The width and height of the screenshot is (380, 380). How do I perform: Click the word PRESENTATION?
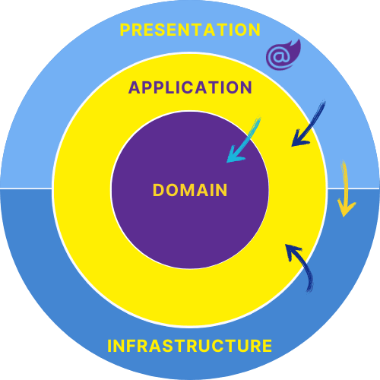tap(190, 30)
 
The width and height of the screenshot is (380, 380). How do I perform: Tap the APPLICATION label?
tap(190, 87)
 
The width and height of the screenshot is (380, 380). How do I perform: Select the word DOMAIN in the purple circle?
tap(190, 190)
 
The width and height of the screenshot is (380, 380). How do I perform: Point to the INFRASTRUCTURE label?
tap(189, 346)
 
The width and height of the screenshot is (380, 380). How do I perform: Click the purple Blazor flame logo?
tap(283, 55)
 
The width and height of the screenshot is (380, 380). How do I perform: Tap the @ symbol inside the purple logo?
tap(279, 57)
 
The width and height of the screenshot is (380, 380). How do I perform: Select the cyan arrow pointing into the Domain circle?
tap(244, 140)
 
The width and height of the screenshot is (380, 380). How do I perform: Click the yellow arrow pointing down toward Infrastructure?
tap(345, 188)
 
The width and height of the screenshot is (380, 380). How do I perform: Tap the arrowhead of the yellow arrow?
tap(346, 208)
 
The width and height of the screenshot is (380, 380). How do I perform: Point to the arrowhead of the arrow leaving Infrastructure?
tap(292, 251)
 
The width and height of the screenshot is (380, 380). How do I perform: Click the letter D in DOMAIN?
tap(158, 190)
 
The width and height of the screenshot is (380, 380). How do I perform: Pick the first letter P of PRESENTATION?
tap(125, 30)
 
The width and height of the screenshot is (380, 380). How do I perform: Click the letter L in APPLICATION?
tap(166, 87)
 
